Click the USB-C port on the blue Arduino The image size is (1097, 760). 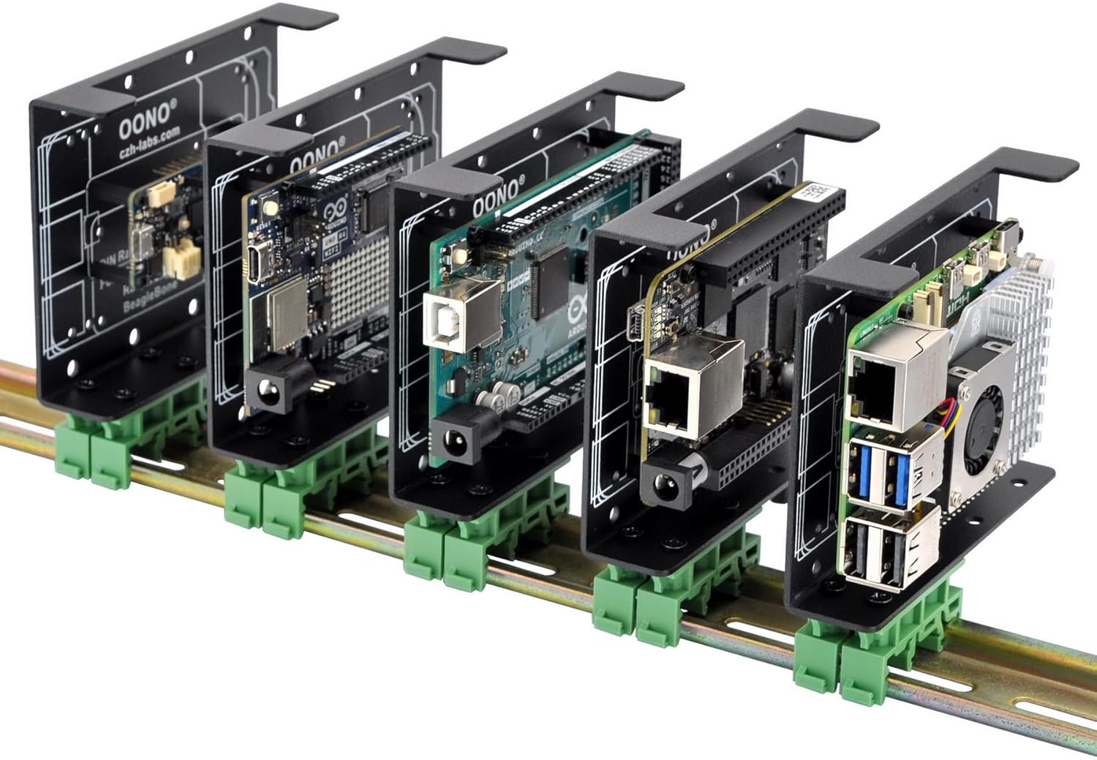click(257, 262)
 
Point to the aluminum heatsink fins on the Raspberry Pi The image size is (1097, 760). click(1024, 322)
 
